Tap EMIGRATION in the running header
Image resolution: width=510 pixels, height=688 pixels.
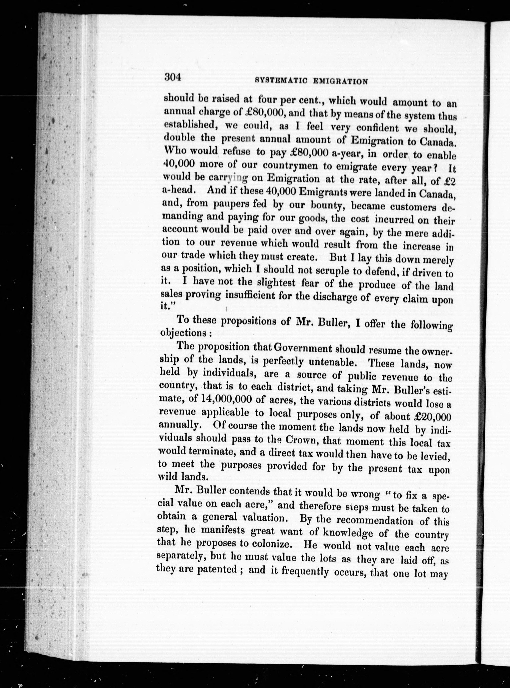(340, 82)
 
